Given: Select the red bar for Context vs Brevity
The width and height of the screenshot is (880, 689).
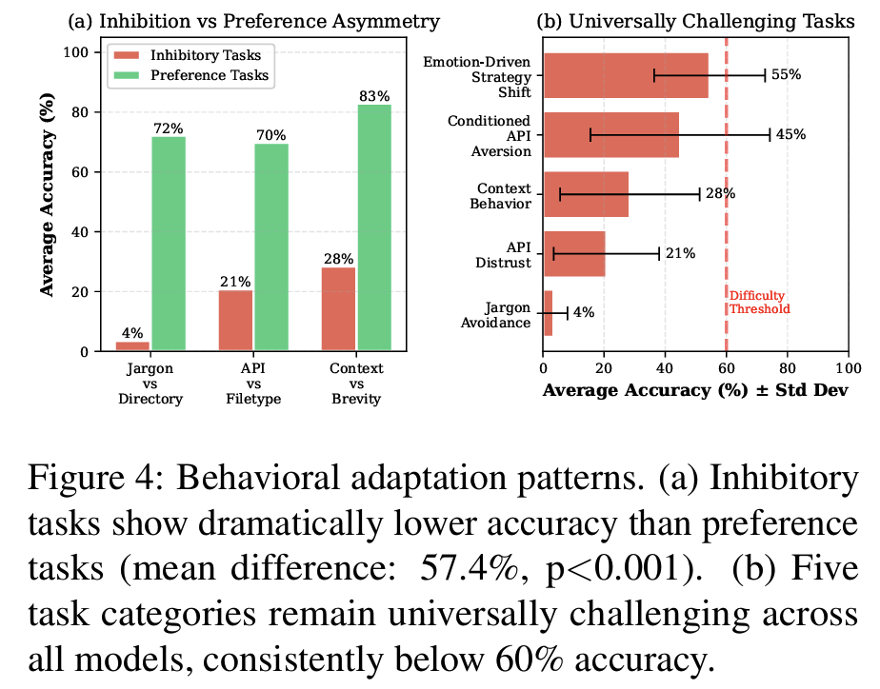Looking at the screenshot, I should pos(338,309).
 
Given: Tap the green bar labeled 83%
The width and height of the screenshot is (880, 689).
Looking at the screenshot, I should pos(374,227).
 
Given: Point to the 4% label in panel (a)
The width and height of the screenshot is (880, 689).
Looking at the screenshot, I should pos(132,333).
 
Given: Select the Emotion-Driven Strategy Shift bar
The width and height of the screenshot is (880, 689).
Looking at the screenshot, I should pos(625,75).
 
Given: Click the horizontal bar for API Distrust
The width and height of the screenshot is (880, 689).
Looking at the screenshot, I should pos(574,254).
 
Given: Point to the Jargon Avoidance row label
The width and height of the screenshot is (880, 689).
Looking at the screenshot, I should pos(501,314).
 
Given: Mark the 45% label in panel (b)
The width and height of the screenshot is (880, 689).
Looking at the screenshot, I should pos(790,135).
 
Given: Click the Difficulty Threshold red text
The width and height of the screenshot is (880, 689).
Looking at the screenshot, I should pos(760,303).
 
